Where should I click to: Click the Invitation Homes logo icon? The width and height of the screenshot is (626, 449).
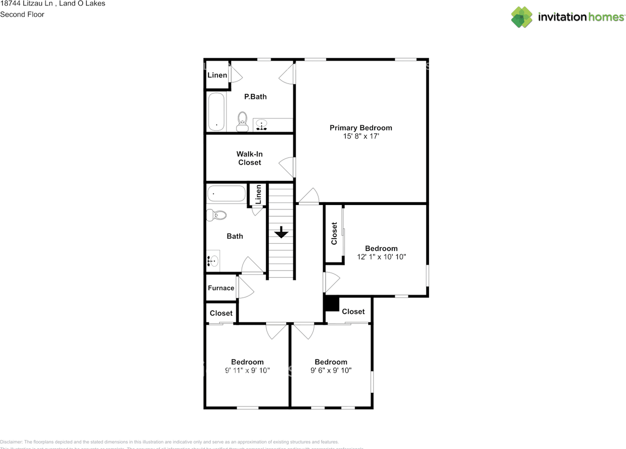[521, 17]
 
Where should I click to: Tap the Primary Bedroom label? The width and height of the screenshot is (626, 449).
[360, 128]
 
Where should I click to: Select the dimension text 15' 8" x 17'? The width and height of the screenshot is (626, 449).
[360, 136]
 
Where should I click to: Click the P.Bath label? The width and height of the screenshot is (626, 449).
[255, 96]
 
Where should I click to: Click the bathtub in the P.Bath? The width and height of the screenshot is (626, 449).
[216, 111]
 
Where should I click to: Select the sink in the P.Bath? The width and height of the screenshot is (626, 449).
[262, 125]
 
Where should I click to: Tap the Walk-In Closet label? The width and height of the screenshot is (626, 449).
[249, 158]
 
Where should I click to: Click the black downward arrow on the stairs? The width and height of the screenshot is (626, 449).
[281, 233]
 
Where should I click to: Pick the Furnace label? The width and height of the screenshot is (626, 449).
[221, 288]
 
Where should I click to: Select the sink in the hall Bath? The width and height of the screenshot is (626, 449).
[213, 261]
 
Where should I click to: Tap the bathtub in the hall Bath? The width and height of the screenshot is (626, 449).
[226, 194]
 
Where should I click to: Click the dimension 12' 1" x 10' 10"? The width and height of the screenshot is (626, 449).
[381, 257]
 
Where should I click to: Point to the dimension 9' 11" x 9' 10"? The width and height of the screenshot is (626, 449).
[247, 370]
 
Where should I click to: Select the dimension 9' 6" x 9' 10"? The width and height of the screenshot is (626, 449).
[331, 370]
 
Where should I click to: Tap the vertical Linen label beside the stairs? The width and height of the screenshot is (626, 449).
[258, 194]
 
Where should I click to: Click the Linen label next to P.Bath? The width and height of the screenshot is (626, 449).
[217, 75]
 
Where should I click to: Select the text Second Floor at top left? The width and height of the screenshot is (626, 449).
[22, 14]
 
